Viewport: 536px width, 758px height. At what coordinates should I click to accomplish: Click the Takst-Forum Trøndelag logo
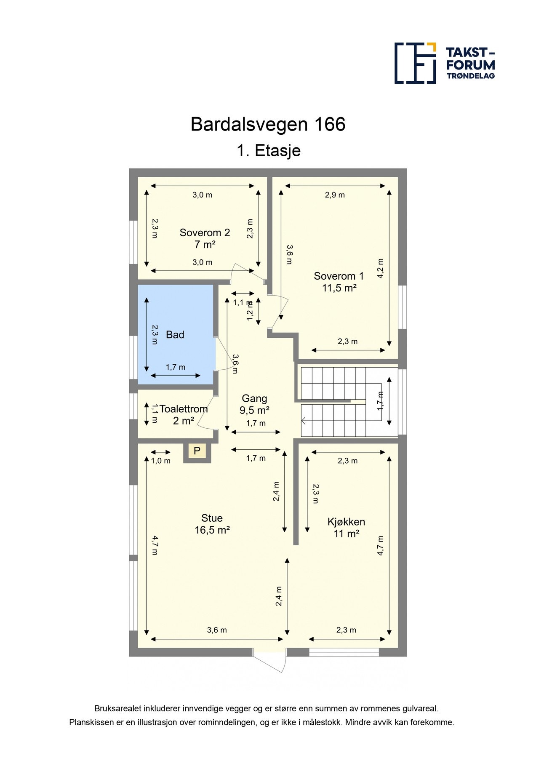[444, 63]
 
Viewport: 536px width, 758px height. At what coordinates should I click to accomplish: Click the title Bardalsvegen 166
[268, 124]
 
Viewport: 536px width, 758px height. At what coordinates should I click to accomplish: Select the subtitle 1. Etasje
[268, 150]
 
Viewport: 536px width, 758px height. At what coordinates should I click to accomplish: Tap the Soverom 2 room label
[205, 238]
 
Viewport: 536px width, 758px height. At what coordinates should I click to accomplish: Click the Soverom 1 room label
[339, 282]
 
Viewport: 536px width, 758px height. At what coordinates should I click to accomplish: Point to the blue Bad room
[175, 335]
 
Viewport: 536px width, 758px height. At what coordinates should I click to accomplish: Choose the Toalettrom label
[184, 409]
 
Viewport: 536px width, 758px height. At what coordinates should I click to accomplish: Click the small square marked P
[197, 451]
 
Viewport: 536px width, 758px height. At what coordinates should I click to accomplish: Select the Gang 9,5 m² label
[254, 404]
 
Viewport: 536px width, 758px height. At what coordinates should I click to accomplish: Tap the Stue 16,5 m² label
[212, 524]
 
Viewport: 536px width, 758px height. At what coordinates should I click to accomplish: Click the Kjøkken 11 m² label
[346, 528]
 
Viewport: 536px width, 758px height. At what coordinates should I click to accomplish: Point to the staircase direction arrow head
[303, 420]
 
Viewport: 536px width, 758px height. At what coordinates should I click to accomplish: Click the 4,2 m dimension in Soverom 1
[380, 268]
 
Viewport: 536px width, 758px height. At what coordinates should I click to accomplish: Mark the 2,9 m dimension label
[335, 195]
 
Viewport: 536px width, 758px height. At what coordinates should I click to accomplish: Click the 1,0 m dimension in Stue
[161, 461]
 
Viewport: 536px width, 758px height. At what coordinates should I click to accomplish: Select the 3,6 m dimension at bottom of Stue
[217, 630]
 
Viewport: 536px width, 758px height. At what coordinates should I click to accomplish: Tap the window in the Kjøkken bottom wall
[344, 652]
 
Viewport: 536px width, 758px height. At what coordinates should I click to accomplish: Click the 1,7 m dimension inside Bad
[176, 367]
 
